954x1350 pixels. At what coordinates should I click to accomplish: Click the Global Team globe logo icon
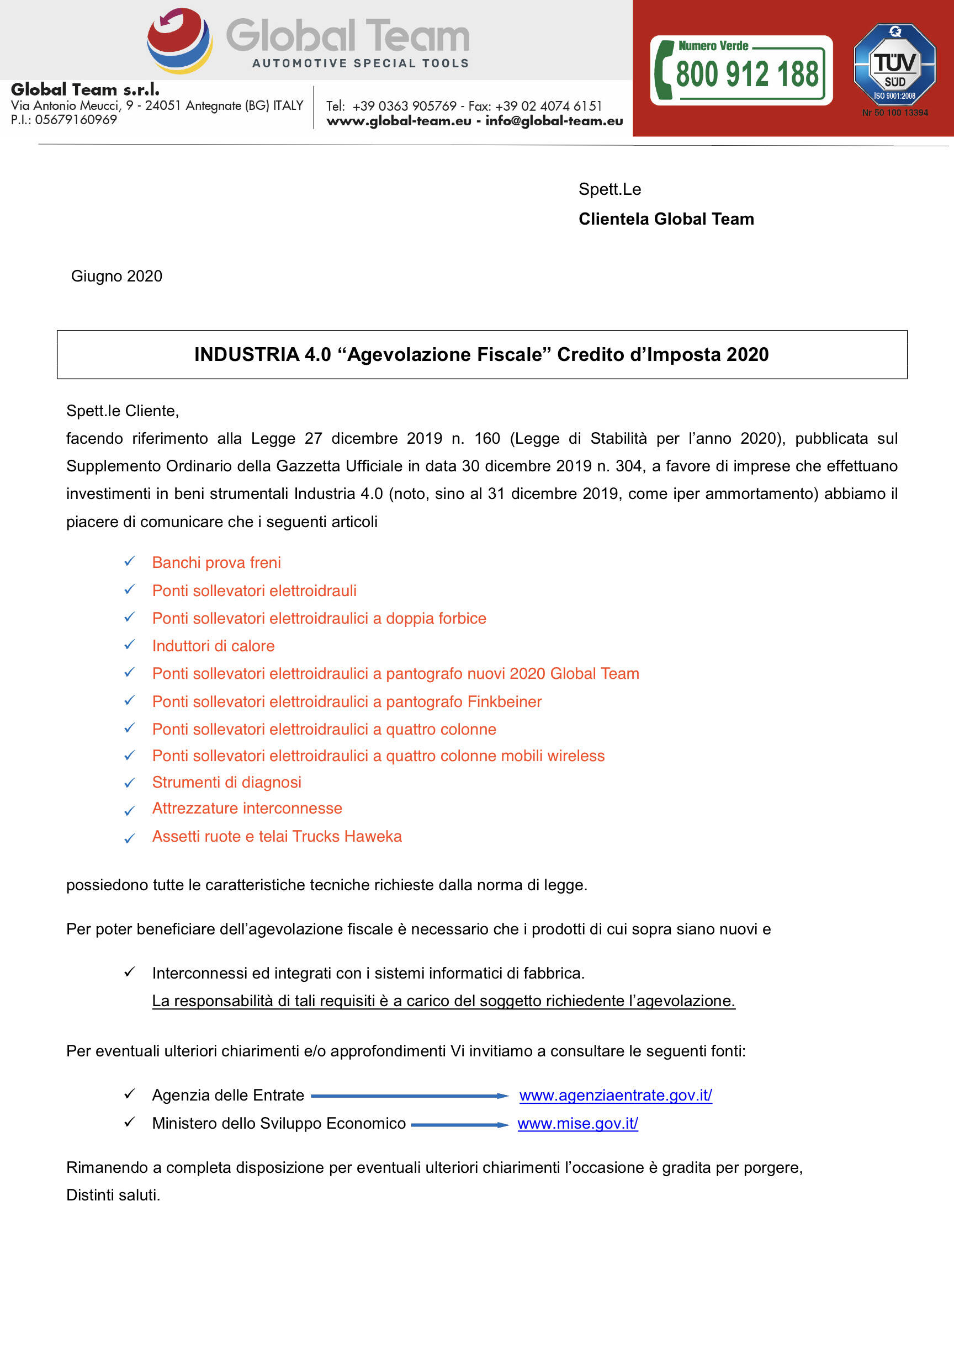point(179,40)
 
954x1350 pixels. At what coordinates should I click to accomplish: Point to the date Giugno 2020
point(116,277)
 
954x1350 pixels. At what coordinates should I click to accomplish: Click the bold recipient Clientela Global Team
point(666,219)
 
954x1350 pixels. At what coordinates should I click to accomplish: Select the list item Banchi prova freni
point(216,563)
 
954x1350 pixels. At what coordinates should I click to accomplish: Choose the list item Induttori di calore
point(213,646)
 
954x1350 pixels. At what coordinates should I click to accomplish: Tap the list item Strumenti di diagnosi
point(226,783)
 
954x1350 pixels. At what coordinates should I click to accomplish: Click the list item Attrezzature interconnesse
point(247,809)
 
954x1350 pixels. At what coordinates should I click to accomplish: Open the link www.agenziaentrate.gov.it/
point(615,1096)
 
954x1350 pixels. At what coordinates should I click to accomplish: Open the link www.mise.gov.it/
point(577,1124)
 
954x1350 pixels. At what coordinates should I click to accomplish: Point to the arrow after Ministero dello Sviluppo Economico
point(460,1125)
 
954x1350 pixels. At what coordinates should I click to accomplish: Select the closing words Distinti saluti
point(113,1195)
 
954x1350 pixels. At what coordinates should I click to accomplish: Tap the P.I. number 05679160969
point(75,120)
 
